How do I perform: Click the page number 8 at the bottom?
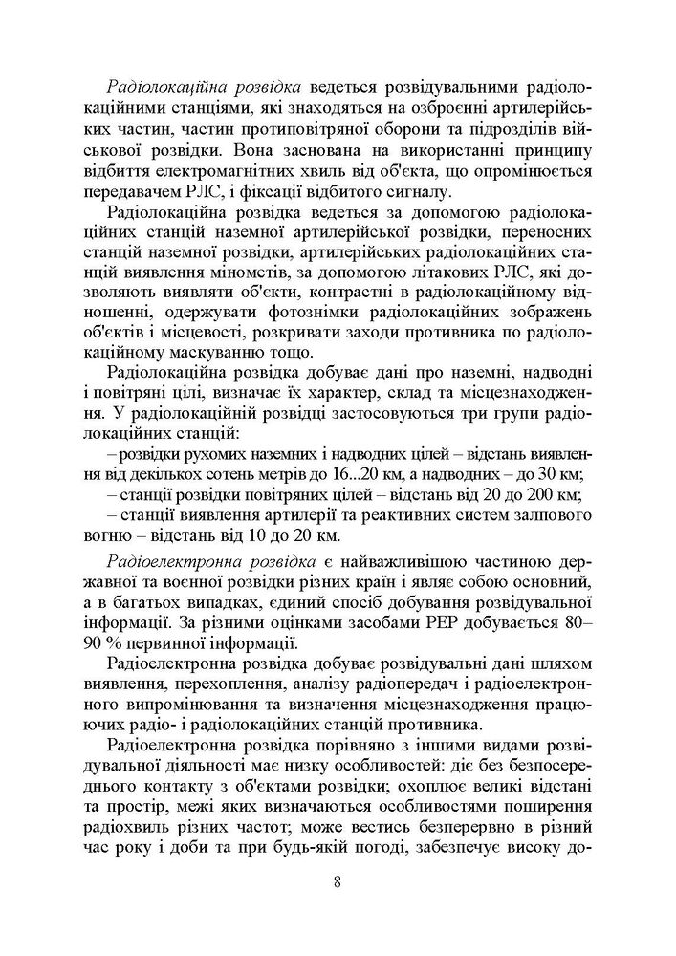point(338,881)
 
